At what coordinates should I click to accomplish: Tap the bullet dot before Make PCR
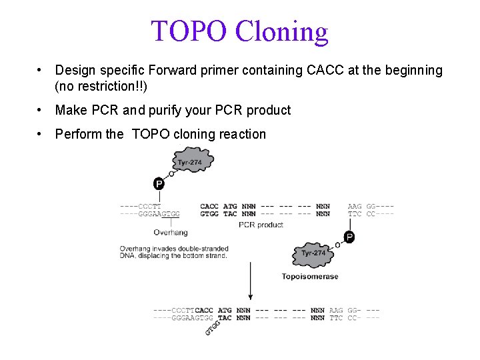(41, 110)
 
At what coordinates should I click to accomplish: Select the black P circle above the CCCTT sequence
(159, 183)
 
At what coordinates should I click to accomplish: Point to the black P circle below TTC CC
(349, 237)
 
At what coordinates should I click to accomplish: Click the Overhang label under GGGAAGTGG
(171, 233)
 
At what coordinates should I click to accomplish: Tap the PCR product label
(261, 225)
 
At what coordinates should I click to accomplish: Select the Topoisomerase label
(309, 276)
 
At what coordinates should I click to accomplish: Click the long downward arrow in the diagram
(250, 280)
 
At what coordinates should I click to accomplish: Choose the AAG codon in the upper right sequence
(355, 207)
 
